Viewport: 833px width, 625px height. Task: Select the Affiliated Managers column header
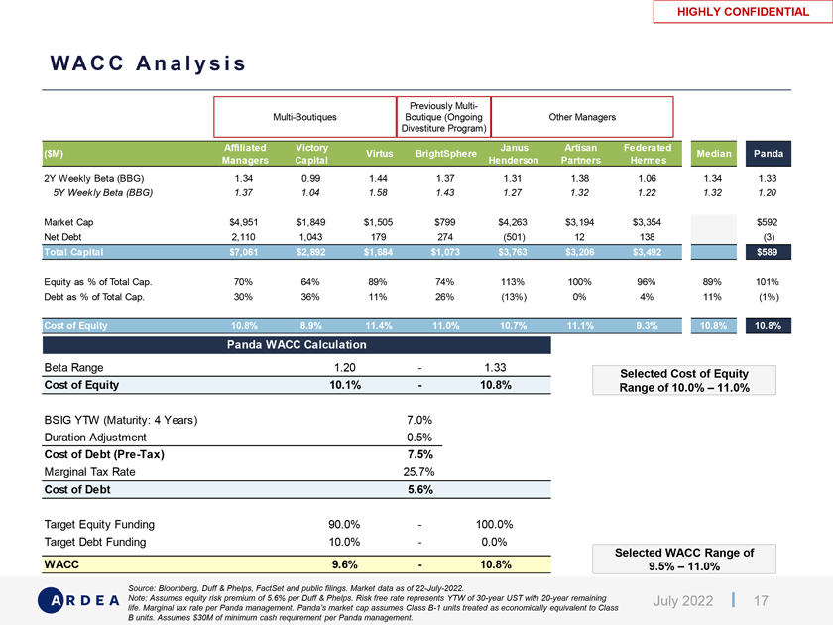(239, 154)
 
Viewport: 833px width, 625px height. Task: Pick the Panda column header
(769, 154)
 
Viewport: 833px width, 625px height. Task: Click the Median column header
(714, 154)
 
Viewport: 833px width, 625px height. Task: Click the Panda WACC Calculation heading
(297, 345)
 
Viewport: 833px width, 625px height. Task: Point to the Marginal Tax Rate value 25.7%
(416, 472)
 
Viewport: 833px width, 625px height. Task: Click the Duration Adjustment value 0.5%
(416, 437)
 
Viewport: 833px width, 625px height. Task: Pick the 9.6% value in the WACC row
(344, 564)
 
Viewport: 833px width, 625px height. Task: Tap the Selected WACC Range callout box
(684, 560)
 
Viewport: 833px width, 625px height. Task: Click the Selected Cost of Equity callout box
(683, 380)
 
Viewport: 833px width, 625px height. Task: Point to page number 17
(762, 601)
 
